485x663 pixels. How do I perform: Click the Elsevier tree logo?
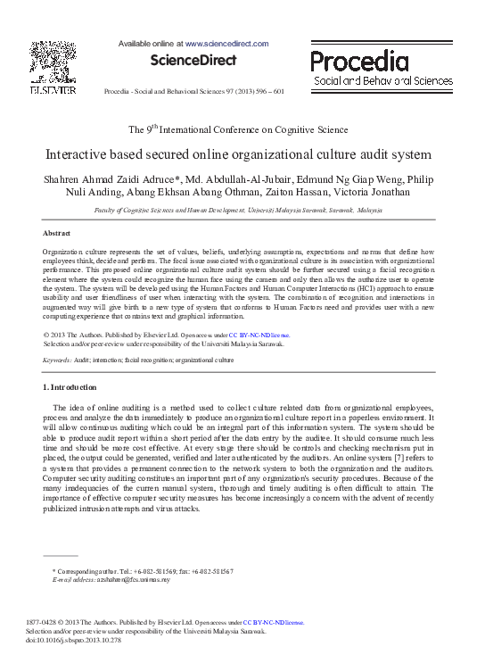point(52,63)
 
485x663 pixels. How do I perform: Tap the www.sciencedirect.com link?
point(226,43)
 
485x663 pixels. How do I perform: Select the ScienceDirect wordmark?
point(193,61)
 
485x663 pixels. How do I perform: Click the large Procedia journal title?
point(359,62)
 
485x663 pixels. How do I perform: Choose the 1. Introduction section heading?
point(70,386)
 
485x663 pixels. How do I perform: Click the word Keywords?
point(57,360)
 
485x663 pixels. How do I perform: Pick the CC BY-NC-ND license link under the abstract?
point(259,336)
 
